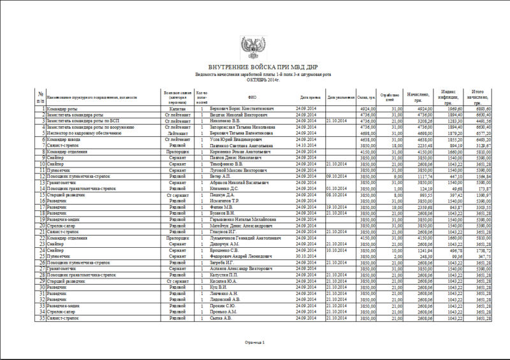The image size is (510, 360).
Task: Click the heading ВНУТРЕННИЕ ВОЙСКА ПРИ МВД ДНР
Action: [256, 67]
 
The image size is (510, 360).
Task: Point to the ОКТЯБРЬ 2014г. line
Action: [256, 80]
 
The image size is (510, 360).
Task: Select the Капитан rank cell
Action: [177, 110]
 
